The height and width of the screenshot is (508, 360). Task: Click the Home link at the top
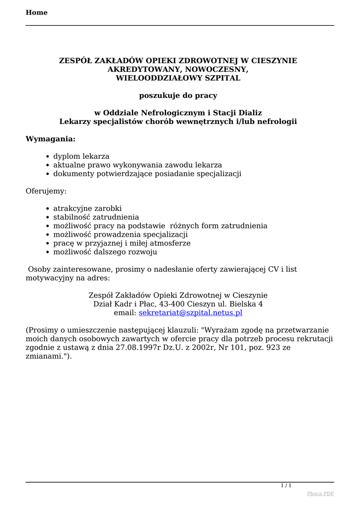(37, 12)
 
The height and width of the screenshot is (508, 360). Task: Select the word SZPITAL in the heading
(222, 78)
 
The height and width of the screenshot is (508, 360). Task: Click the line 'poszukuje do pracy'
(178, 95)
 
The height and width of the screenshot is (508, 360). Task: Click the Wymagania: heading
(51, 138)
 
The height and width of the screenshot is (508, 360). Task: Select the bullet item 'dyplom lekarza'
(81, 156)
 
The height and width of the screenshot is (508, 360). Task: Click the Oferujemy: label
(46, 190)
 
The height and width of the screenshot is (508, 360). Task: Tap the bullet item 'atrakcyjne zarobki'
(87, 208)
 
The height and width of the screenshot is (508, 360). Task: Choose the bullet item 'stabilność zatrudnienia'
(96, 217)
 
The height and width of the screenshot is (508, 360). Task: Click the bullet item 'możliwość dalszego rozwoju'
(105, 252)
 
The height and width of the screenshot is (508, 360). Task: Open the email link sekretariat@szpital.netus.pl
(190, 313)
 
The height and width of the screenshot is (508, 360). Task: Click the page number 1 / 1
(286, 485)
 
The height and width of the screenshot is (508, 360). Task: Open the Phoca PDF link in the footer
(320, 494)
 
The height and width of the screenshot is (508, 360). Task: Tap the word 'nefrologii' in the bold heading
(277, 122)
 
